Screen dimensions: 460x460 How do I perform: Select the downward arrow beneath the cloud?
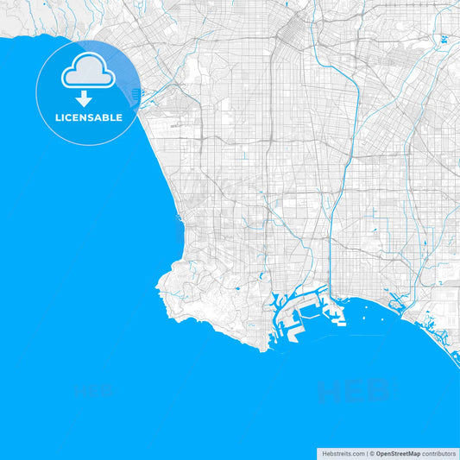click(x=84, y=98)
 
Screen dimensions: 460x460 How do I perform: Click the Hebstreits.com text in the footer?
click(x=342, y=453)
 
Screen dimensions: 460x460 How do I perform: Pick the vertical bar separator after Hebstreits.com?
click(x=367, y=453)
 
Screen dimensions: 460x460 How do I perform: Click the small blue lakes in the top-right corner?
click(x=444, y=39)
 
